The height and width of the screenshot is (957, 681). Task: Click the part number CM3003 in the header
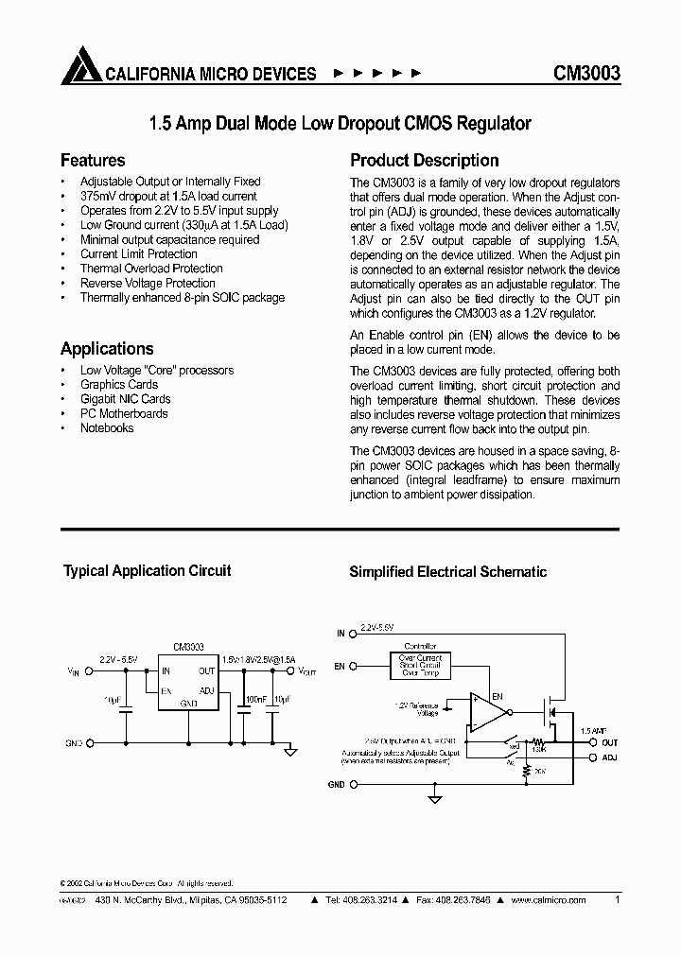tap(586, 73)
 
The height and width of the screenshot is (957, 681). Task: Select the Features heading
tap(93, 161)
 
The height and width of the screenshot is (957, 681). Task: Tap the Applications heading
tap(107, 349)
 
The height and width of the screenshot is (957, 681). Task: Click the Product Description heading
tap(424, 161)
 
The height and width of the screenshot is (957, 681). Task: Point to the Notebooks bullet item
tap(107, 428)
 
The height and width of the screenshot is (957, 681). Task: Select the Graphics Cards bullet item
tap(119, 385)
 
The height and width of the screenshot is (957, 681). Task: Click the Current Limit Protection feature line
tap(139, 254)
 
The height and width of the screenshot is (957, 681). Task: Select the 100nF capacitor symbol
tap(244, 714)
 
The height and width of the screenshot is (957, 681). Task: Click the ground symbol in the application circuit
tap(291, 753)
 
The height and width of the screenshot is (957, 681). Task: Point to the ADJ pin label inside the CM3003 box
tap(207, 690)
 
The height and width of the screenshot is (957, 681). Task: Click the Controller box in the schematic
tap(420, 665)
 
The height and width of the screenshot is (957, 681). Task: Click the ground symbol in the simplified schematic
tap(435, 799)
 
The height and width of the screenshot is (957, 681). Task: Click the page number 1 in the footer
tap(618, 900)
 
